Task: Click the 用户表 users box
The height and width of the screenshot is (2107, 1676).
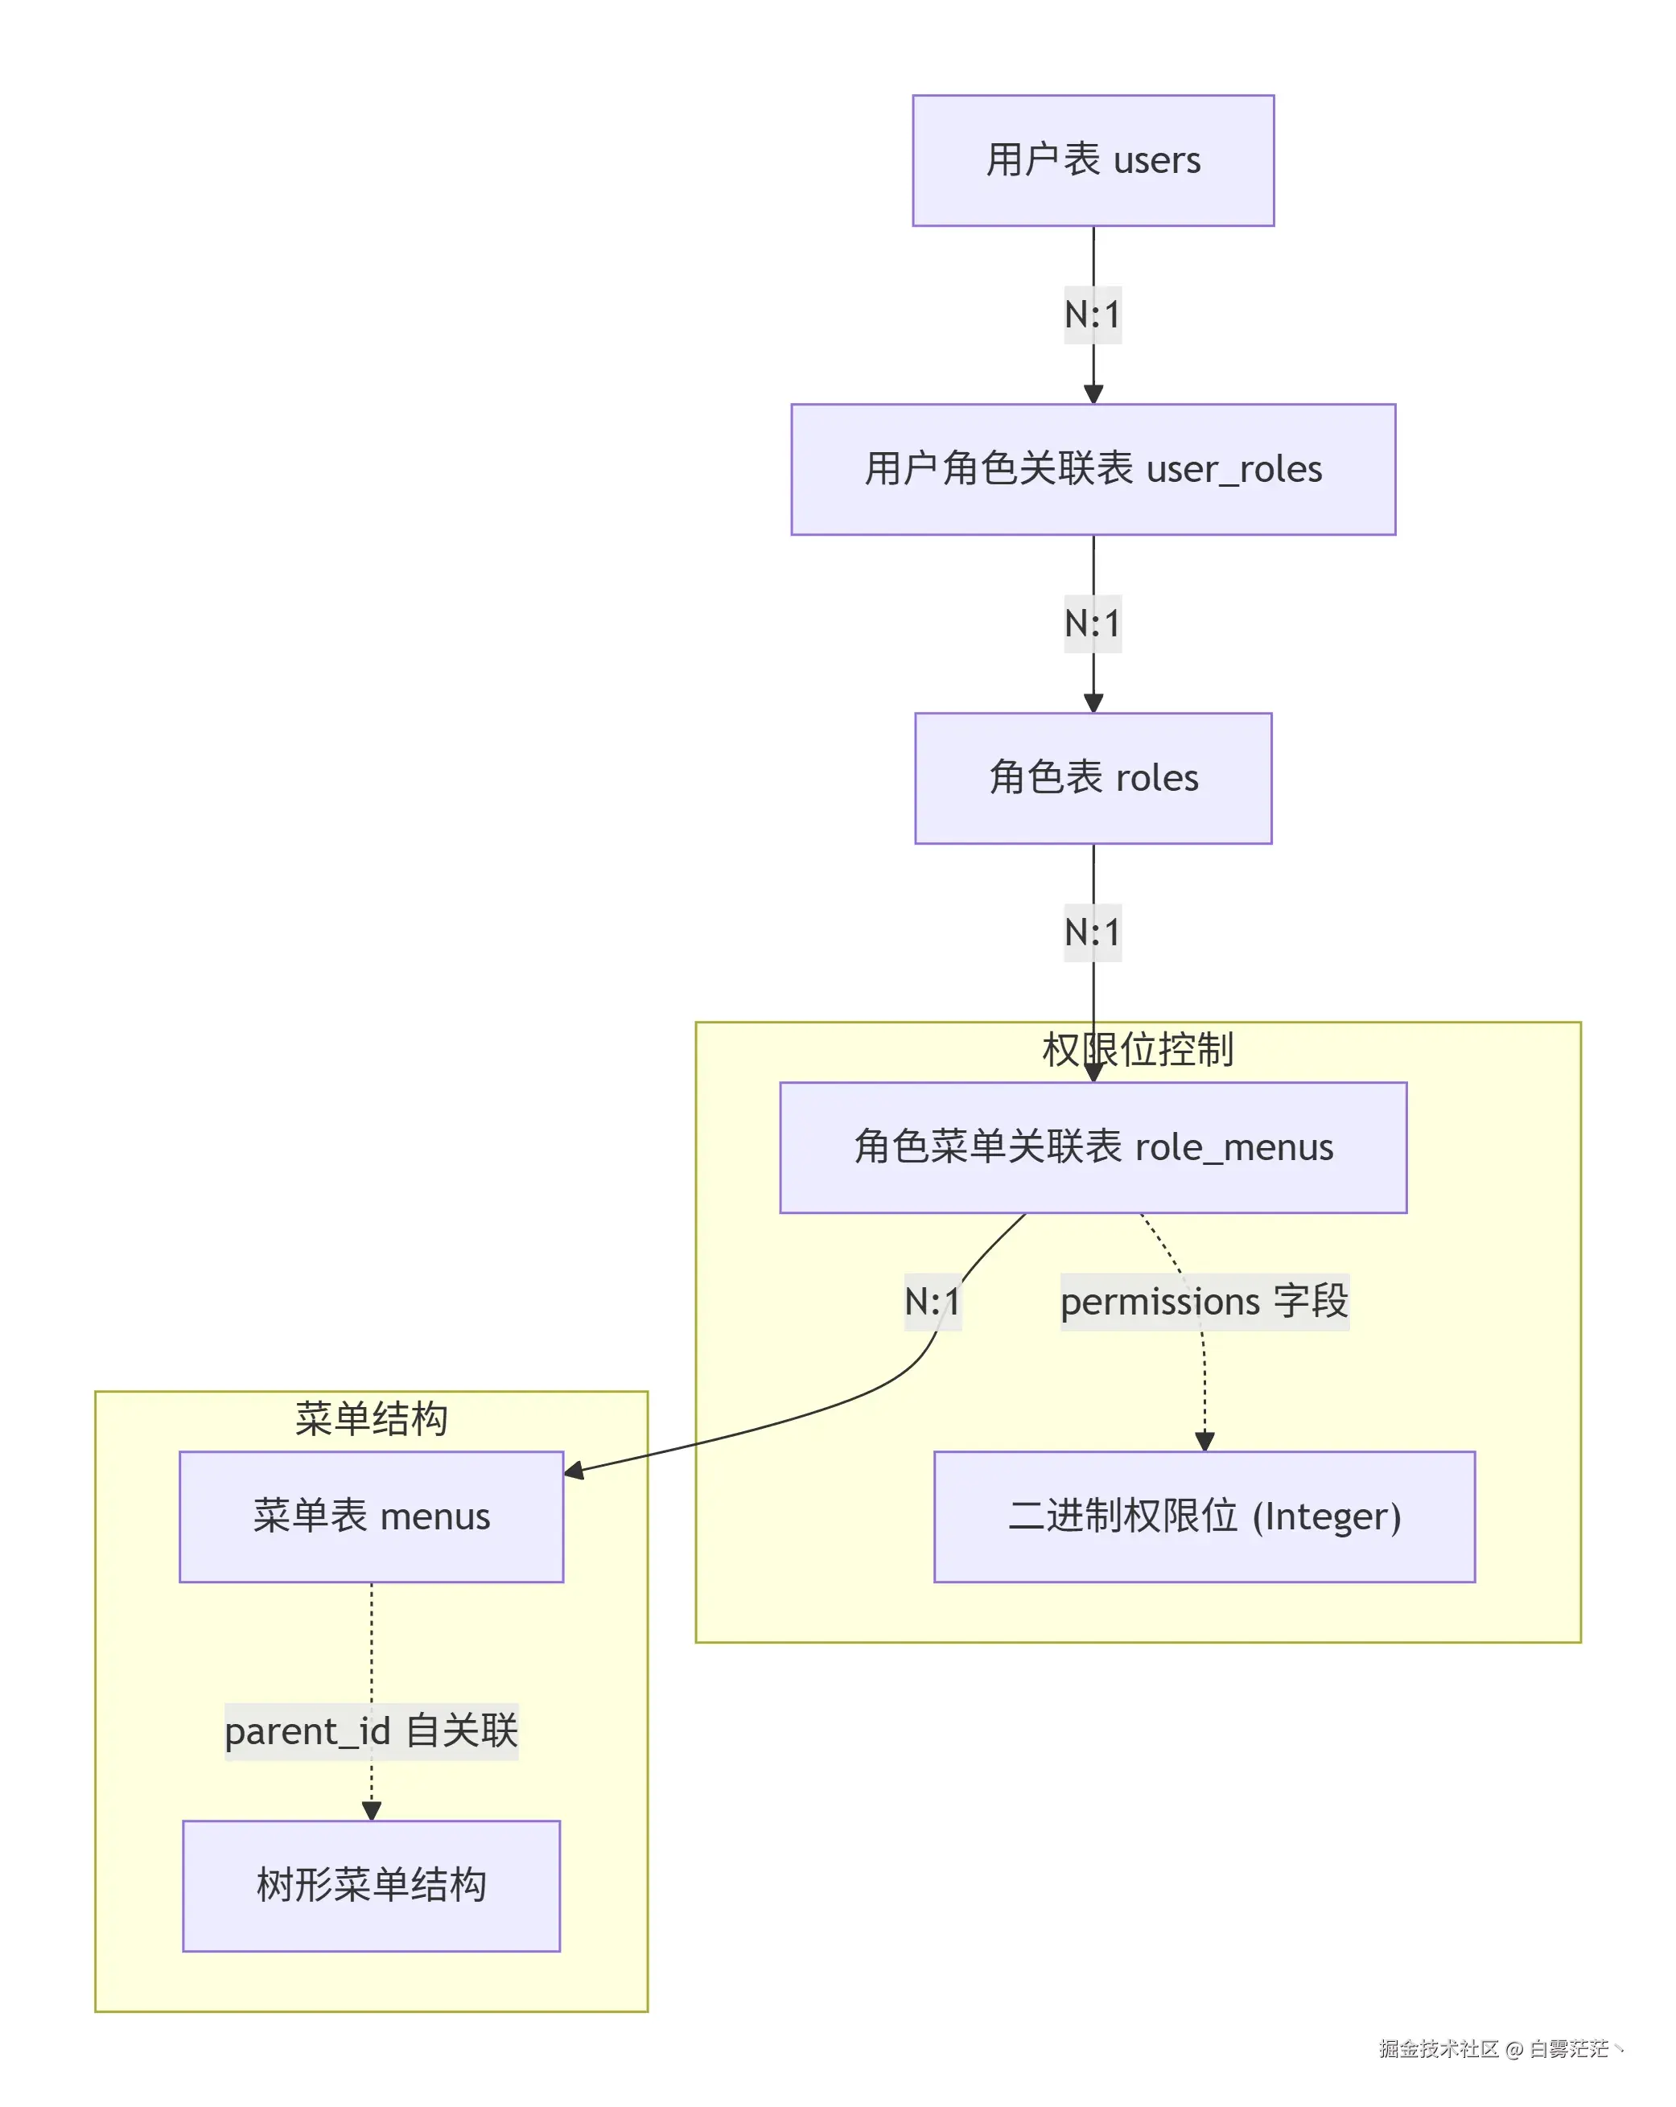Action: tap(1093, 160)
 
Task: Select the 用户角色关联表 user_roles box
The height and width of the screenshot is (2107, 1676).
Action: tap(1093, 469)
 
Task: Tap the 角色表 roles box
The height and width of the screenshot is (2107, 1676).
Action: tap(1093, 778)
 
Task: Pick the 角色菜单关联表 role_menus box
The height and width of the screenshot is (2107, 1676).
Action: tap(1093, 1147)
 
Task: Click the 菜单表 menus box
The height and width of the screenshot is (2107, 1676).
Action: tap(372, 1516)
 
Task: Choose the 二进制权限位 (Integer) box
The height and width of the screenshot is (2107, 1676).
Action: tap(1204, 1516)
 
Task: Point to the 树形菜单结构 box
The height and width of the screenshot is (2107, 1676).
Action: tap(372, 1886)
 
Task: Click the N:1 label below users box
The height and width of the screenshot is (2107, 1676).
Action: tap(1093, 315)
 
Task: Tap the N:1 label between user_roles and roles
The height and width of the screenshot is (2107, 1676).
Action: tap(1093, 623)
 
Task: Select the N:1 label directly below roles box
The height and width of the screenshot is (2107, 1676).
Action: tap(1093, 932)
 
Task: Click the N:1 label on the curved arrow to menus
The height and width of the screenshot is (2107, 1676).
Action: tap(933, 1302)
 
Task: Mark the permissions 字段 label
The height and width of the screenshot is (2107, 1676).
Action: tap(1204, 1302)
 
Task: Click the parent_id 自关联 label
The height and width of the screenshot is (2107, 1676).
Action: tap(372, 1732)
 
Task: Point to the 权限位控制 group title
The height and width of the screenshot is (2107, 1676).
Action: tap(1138, 1050)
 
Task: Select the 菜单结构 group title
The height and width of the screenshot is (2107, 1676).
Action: tap(372, 1419)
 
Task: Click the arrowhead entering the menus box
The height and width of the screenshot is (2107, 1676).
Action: tap(574, 1471)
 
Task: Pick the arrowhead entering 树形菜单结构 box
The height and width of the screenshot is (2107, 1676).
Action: tap(372, 1811)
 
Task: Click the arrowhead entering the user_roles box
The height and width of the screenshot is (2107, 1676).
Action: tap(1093, 394)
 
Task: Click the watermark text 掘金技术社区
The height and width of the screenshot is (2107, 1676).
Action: tap(1438, 2049)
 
